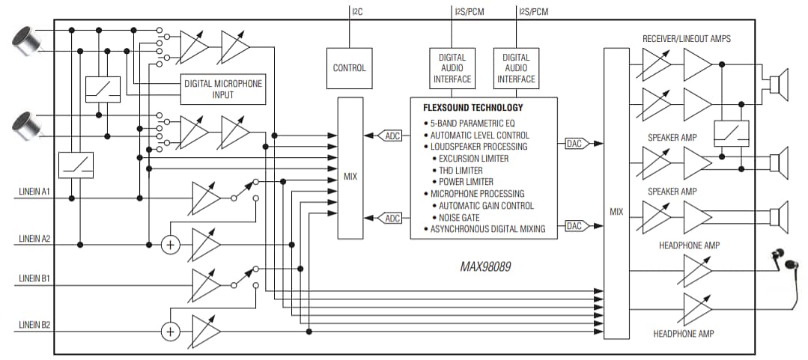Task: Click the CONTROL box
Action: point(349,68)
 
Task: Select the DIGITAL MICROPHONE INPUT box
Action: point(223,89)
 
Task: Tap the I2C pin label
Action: point(358,11)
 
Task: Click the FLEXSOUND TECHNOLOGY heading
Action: point(473,108)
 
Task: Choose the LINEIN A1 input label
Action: point(34,192)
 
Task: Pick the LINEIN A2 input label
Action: point(34,239)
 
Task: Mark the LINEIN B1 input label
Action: point(34,278)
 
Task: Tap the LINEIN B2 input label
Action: point(34,326)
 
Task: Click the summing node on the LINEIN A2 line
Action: point(171,245)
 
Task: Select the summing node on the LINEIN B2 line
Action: point(171,332)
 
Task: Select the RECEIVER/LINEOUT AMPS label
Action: point(686,38)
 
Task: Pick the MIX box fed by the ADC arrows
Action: point(350,177)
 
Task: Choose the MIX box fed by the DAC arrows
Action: point(616,212)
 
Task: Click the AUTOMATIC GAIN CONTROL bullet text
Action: point(486,205)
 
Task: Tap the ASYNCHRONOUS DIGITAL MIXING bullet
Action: point(487,229)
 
